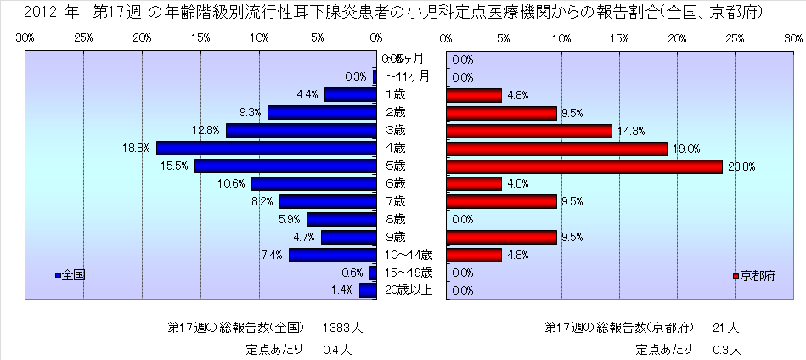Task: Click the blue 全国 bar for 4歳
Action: [x=267, y=149]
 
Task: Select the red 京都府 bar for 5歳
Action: [x=583, y=166]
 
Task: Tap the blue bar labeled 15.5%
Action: [x=285, y=166]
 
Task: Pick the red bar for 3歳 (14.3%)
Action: [x=528, y=131]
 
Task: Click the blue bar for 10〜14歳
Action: [x=332, y=255]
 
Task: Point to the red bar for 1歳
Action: [x=473, y=95]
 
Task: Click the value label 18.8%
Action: [x=136, y=149]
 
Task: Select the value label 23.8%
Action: [x=741, y=166]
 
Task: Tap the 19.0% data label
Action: [x=685, y=149]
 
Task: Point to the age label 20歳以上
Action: [x=410, y=290]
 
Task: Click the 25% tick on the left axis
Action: [x=84, y=39]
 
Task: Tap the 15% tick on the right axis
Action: [x=618, y=39]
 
